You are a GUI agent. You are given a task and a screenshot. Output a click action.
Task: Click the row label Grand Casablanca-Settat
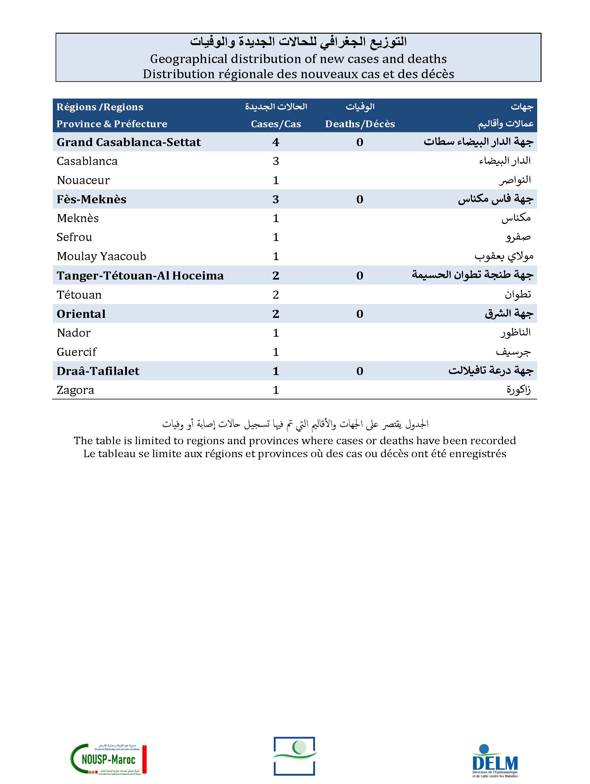tap(129, 142)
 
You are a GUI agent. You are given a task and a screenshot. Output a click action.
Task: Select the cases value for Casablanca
tap(276, 161)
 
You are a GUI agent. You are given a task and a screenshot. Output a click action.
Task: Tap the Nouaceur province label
tap(83, 180)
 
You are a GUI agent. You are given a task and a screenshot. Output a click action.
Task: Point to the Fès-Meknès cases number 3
tap(276, 199)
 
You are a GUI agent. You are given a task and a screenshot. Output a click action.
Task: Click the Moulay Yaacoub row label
tap(101, 256)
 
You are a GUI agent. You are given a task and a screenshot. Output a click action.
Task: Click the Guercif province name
tap(77, 352)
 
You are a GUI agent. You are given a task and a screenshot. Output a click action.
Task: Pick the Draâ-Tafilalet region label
tap(98, 371)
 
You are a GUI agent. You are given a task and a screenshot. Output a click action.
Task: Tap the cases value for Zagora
tap(276, 390)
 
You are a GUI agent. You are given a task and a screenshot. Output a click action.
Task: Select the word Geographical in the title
tap(188, 59)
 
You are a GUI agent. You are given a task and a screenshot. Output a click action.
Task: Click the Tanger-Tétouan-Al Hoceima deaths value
tap(360, 276)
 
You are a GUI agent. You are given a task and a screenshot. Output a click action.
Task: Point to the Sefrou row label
tap(74, 237)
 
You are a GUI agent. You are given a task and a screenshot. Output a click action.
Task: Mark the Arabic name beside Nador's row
tap(515, 333)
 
